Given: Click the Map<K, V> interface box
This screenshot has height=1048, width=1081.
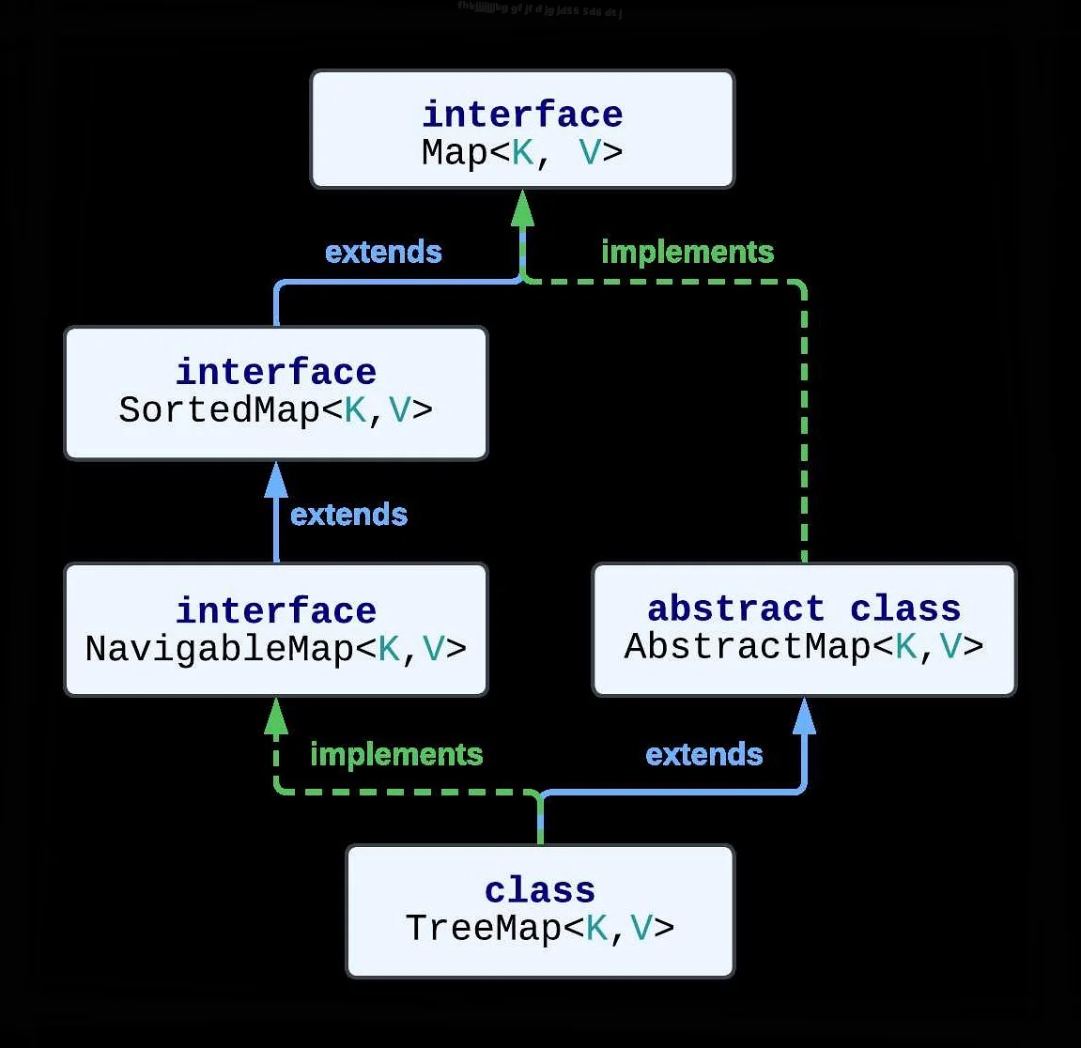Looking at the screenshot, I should (522, 130).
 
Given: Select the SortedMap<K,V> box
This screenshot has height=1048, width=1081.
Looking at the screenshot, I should (275, 393).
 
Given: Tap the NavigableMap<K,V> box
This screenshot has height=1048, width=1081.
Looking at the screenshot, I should (275, 629).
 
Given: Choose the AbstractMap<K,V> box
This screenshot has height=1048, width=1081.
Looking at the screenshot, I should (804, 629).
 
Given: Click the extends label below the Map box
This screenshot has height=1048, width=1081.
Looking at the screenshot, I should (383, 252).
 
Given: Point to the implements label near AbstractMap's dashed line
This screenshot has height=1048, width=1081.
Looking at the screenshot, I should (687, 252).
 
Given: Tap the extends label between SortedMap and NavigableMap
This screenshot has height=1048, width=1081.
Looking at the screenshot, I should (348, 515).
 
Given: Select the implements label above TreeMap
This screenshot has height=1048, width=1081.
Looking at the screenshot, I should (396, 754).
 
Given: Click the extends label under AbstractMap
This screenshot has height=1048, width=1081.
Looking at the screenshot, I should (704, 754).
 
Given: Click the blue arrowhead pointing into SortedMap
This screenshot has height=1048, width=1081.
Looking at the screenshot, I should (275, 481).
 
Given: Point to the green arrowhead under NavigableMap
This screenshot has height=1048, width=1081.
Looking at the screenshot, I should (275, 717).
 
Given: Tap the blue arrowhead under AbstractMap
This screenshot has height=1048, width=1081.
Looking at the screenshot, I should (804, 717).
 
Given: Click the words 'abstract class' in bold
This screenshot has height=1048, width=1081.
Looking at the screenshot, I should (804, 609).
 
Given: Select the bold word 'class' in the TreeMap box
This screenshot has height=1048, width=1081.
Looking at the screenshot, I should (540, 890).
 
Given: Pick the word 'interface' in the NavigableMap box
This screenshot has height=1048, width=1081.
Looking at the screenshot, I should (275, 610).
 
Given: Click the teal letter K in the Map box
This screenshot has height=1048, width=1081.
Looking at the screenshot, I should (522, 152).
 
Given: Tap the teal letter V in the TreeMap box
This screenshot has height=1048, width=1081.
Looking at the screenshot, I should (641, 928).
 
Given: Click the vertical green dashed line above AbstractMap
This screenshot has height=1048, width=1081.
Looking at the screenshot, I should (804, 423).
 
